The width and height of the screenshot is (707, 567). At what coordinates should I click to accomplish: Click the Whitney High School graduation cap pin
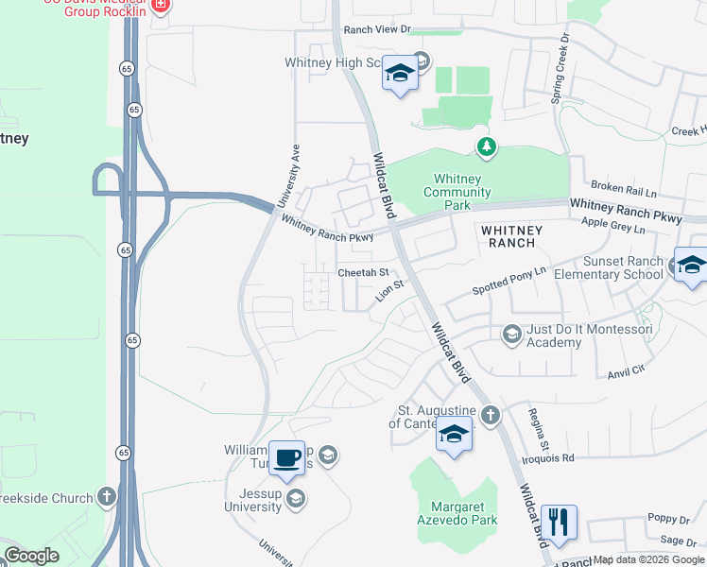coord(400,75)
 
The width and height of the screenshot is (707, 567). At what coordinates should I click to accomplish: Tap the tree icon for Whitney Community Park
coord(486,146)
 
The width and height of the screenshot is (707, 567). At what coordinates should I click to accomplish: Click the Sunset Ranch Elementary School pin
coord(691,266)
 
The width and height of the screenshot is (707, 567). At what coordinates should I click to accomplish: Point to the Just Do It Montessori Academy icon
coord(511,333)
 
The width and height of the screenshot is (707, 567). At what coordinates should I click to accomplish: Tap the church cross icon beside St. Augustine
coord(490,415)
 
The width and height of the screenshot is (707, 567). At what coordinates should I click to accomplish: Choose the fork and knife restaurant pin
coord(559,523)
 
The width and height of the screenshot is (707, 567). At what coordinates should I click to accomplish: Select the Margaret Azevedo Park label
coord(457,513)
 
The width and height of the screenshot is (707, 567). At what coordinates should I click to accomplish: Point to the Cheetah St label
coord(364,272)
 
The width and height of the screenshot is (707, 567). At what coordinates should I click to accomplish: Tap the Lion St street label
coord(389,290)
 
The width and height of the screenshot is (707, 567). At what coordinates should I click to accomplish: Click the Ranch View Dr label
coord(378,30)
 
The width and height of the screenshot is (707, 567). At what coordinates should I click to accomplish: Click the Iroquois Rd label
coord(554,457)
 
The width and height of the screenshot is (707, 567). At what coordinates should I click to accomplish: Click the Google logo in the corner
coord(31,556)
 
